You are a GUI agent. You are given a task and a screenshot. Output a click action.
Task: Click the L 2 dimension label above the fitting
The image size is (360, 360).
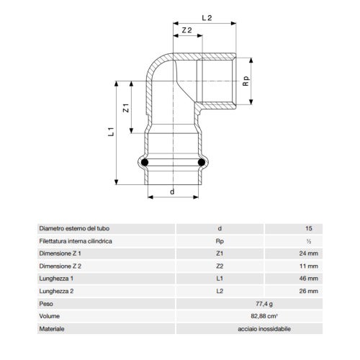pos(207,18)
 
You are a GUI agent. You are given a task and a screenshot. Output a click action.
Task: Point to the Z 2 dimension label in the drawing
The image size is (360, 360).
pos(187,30)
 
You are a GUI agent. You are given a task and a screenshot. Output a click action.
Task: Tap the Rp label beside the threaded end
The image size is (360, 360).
pos(246,81)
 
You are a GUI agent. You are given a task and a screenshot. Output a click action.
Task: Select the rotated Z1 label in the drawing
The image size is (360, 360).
pos(126,108)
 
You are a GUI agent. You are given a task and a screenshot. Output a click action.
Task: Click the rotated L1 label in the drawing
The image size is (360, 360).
pos(111,132)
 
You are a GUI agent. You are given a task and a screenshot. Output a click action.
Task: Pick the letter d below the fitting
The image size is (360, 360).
pos(172,192)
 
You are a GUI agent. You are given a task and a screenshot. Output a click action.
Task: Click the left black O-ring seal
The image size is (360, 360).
pos(145,163)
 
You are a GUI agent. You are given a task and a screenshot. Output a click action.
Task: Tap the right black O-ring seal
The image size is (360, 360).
pos(202,163)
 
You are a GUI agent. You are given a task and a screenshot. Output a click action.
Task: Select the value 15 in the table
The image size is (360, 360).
pos(309,228)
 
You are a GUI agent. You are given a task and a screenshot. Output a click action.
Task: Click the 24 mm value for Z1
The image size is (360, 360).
pos(308,253)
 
